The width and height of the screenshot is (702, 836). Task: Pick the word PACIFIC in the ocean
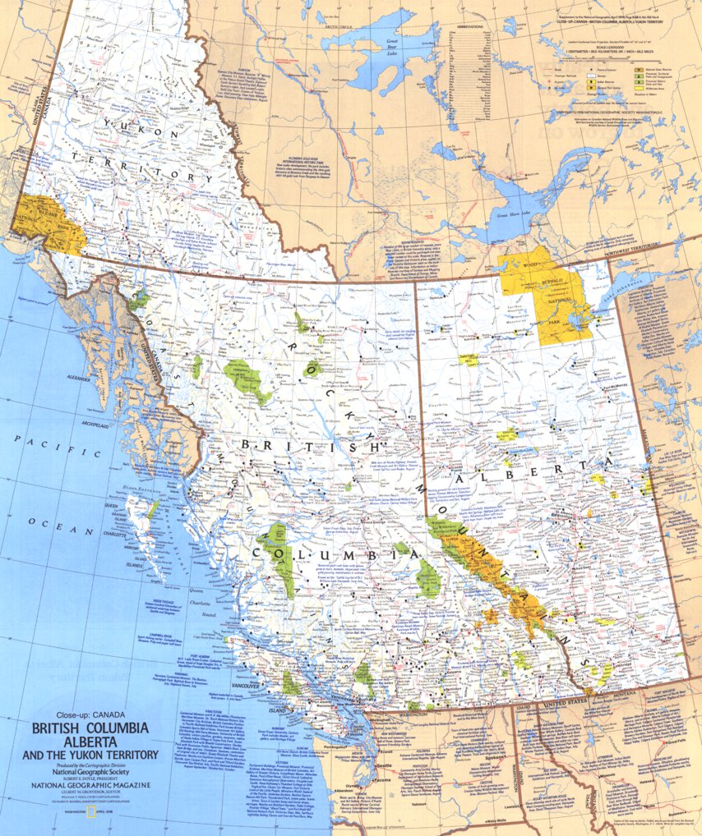click(42, 443)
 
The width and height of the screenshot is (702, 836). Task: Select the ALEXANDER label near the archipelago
click(78, 379)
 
